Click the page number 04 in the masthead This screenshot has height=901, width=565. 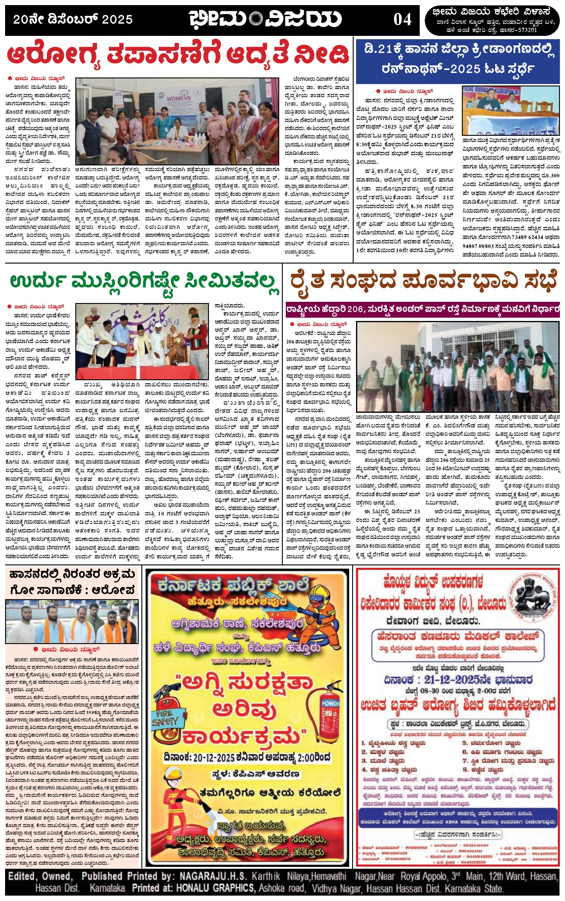point(402,19)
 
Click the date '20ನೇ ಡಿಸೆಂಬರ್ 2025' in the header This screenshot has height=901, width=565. point(73,19)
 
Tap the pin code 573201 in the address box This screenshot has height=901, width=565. point(526,30)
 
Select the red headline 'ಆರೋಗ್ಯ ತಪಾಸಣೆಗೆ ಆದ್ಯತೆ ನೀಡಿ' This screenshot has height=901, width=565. point(178,55)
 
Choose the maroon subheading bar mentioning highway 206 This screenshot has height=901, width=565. point(423,309)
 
